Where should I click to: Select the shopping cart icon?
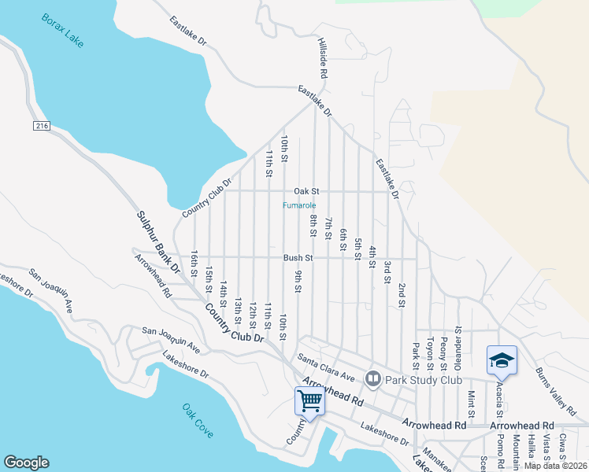pyautogui.click(x=310, y=401)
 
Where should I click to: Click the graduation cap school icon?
pyautogui.click(x=502, y=360)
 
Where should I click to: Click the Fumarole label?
pyautogui.click(x=300, y=206)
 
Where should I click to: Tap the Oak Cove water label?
pyautogui.click(x=198, y=421)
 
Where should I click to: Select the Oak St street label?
pyautogui.click(x=306, y=191)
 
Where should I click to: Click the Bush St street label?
pyautogui.click(x=298, y=257)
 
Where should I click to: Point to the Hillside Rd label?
pyautogui.click(x=323, y=57)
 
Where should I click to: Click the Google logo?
pyautogui.click(x=26, y=463)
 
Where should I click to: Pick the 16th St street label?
pyautogui.click(x=194, y=264)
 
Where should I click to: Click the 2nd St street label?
pyautogui.click(x=402, y=295)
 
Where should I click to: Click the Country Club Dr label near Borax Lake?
pyautogui.click(x=207, y=197)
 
